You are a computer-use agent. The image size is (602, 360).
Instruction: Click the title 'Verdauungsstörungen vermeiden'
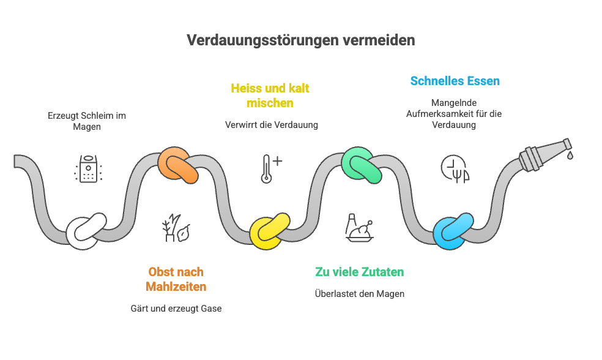[x=300, y=40]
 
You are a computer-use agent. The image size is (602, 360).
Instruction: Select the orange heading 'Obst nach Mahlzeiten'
[x=176, y=279]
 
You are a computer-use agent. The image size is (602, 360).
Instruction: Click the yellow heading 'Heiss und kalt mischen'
[x=270, y=96]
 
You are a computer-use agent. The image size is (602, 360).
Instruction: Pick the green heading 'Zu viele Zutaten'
[x=360, y=272]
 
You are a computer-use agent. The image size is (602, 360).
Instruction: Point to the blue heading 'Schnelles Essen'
[x=455, y=81]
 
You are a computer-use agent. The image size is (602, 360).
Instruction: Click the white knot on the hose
[x=86, y=231]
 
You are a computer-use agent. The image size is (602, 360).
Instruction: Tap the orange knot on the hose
[x=178, y=166]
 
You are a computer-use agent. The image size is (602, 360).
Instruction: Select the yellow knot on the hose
[x=270, y=231]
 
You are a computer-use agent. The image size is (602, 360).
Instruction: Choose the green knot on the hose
[x=362, y=165]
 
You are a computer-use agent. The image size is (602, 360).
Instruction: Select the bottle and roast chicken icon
[x=360, y=227]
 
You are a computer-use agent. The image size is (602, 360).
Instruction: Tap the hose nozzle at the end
[x=545, y=152]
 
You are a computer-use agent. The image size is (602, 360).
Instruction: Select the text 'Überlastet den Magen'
[x=360, y=294]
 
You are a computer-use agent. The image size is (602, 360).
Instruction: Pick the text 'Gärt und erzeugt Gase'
[x=176, y=309]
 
